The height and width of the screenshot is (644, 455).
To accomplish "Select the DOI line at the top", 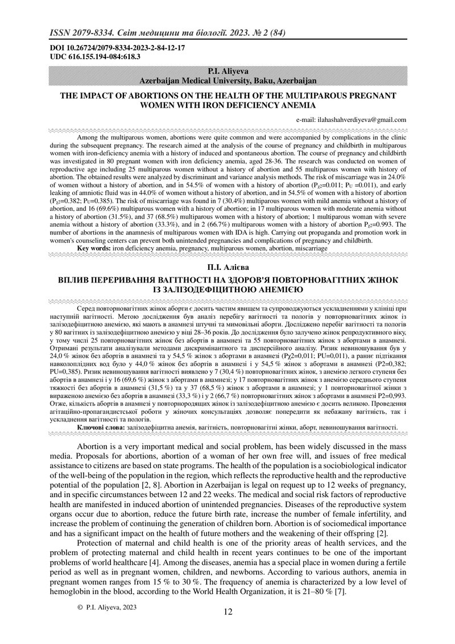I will [x=114, y=50].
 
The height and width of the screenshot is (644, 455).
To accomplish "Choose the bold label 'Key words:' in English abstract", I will [x=93, y=248].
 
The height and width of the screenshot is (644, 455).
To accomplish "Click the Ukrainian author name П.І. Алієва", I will [x=227, y=266].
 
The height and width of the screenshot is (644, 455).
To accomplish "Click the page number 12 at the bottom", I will [x=227, y=612].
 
